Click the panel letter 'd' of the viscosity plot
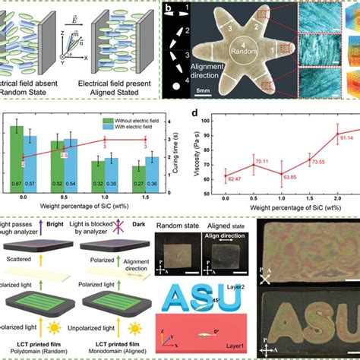196,115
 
